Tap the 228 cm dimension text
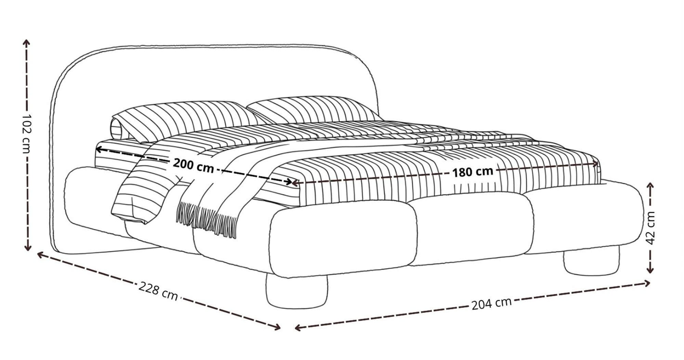[x=158, y=291]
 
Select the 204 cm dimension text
[x=491, y=303]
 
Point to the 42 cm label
[x=650, y=228]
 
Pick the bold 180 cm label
[x=473, y=171]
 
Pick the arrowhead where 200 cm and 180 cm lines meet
[x=291, y=182]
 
